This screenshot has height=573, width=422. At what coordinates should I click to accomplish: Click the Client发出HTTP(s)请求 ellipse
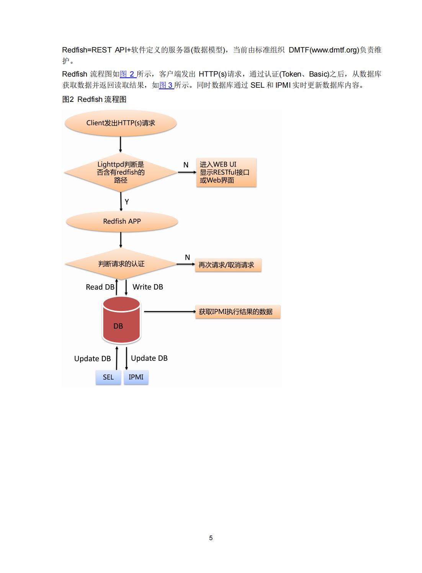pyautogui.click(x=121, y=123)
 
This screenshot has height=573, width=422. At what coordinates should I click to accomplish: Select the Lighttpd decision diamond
pyautogui.click(x=121, y=172)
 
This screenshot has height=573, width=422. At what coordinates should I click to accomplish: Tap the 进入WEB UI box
pyautogui.click(x=226, y=172)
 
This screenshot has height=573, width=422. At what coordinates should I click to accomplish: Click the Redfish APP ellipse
pyautogui.click(x=122, y=221)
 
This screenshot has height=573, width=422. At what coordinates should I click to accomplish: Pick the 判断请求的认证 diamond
pyautogui.click(x=121, y=264)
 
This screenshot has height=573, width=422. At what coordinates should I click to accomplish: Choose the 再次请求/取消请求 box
pyautogui.click(x=228, y=265)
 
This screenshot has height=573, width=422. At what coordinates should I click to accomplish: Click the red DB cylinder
pyautogui.click(x=121, y=320)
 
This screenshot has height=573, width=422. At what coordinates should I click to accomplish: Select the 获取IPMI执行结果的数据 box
pyautogui.click(x=238, y=311)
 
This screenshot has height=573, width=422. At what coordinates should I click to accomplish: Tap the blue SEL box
pyautogui.click(x=108, y=377)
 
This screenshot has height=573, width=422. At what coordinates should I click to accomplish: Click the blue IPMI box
pyautogui.click(x=136, y=377)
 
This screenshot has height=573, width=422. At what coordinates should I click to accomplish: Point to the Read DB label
pyautogui.click(x=100, y=287)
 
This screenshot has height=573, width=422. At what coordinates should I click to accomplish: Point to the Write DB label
pyautogui.click(x=148, y=287)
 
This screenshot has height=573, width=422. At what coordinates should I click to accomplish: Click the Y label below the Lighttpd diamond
pyautogui.click(x=127, y=202)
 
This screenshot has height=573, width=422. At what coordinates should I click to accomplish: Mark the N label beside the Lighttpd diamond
pyautogui.click(x=186, y=165)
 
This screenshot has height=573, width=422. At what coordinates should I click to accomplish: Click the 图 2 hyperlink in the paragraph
pyautogui.click(x=128, y=74)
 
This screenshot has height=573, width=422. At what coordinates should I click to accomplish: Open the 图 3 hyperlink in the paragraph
pyautogui.click(x=167, y=85)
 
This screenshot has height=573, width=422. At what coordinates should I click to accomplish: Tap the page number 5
pyautogui.click(x=211, y=538)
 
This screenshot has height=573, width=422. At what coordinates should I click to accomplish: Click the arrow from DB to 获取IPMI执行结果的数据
pyautogui.click(x=170, y=311)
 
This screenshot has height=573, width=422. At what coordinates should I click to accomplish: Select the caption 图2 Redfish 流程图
pyautogui.click(x=94, y=99)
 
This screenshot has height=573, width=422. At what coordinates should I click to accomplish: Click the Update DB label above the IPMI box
pyautogui.click(x=149, y=359)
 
